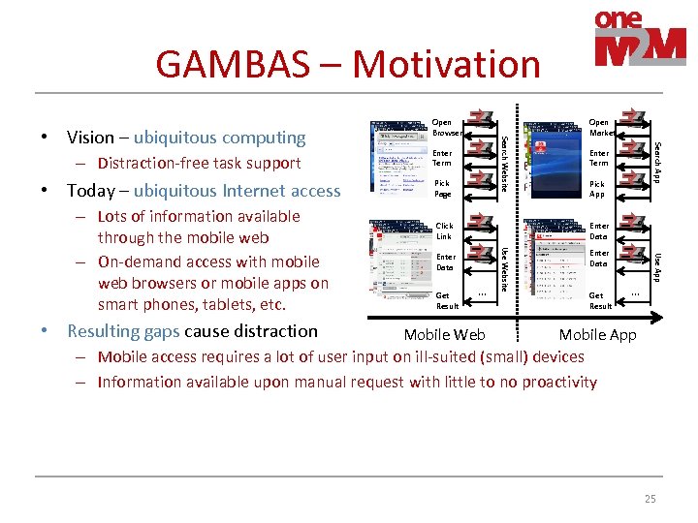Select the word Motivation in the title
tap(446, 64)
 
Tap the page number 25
tap(650, 499)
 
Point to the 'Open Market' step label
tap(601, 128)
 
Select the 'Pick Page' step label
tap(442, 188)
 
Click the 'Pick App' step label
tap(597, 188)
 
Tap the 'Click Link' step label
tap(444, 231)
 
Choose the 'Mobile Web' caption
tap(444, 335)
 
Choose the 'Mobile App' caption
tap(597, 335)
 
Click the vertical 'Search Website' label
tap(505, 163)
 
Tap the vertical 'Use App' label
tap(658, 266)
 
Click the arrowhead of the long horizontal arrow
tap(664, 316)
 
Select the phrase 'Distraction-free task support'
tap(199, 163)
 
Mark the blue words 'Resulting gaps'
tap(123, 331)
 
